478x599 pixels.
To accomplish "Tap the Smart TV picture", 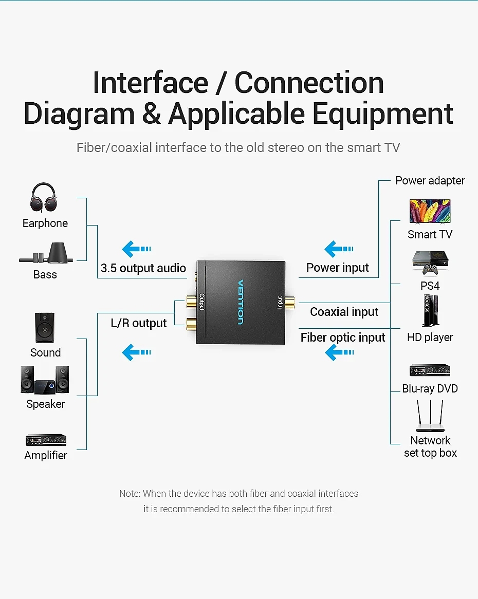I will click(430, 211).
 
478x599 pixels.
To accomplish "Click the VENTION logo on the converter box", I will click(241, 302).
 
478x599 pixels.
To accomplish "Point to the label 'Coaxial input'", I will click(344, 312).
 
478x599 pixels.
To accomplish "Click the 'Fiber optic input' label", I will click(343, 338).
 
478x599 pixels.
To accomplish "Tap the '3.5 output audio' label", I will click(143, 268).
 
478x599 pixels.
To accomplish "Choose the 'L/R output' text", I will click(139, 323).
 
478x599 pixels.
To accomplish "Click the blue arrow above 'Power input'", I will click(339, 249).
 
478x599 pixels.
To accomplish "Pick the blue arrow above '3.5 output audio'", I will click(136, 249).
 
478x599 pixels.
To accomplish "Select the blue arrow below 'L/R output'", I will click(136, 352).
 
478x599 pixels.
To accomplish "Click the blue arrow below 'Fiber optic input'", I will click(340, 352).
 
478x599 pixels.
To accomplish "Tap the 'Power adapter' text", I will click(430, 180).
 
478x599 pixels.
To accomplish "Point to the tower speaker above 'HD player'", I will click(431, 311).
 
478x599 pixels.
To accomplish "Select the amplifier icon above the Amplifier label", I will click(46, 440).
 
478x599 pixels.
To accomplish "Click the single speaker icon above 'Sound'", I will click(45, 328).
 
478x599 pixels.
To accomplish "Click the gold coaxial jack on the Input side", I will click(288, 304).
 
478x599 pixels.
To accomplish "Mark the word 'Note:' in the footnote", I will click(130, 494).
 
